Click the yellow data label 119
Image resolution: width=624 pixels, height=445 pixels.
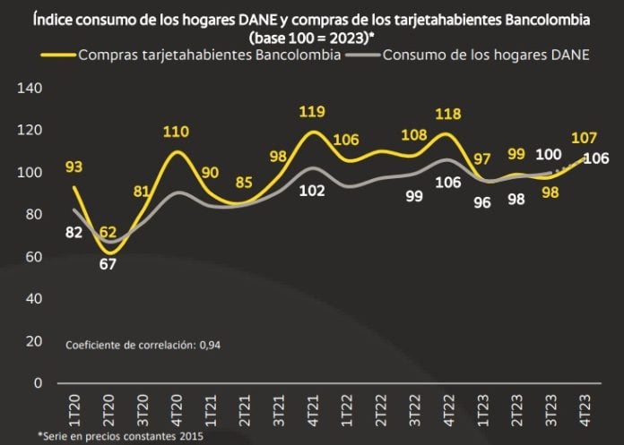pyautogui.click(x=311, y=112)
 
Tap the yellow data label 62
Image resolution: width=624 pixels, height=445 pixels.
pyautogui.click(x=108, y=235)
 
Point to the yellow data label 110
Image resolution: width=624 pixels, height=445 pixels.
pyautogui.click(x=176, y=132)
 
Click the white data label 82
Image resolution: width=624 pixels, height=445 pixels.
pyautogui.click(x=74, y=234)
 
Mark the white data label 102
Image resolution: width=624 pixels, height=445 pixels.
pyautogui.click(x=311, y=190)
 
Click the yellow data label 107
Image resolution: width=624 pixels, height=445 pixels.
pyautogui.click(x=585, y=139)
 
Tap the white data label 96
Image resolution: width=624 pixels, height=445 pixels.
pyautogui.click(x=482, y=201)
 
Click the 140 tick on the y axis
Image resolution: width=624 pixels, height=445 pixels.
pyautogui.click(x=30, y=88)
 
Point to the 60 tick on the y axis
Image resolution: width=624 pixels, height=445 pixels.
pyautogui.click(x=33, y=257)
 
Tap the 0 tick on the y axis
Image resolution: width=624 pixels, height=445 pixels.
pyautogui.click(x=38, y=383)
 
